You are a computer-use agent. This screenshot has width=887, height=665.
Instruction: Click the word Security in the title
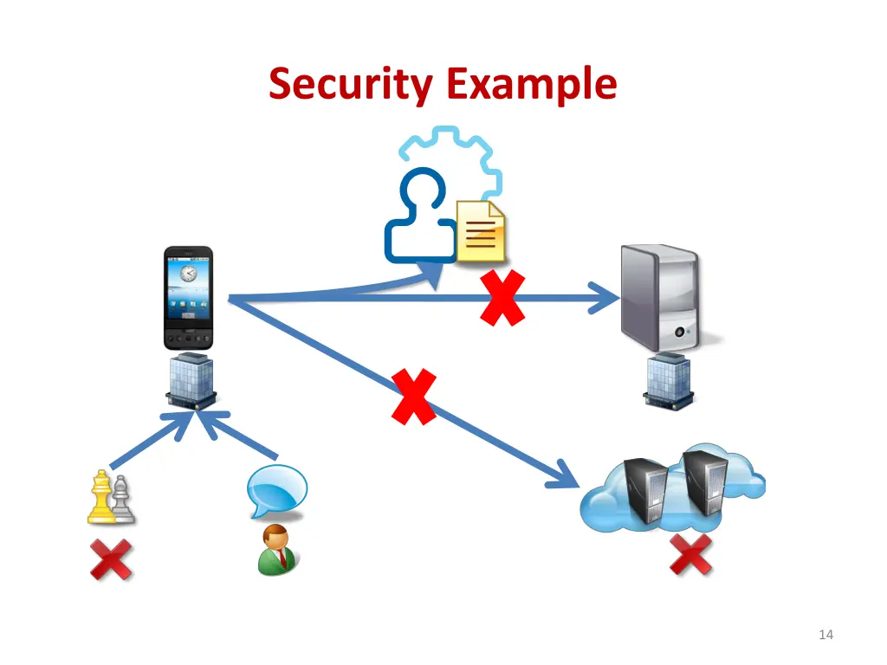pyautogui.click(x=353, y=85)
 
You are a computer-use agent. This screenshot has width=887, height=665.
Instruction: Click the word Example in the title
pyautogui.click(x=531, y=85)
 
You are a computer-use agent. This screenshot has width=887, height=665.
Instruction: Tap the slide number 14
pyautogui.click(x=825, y=636)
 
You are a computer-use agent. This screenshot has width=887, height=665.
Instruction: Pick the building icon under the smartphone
pyautogui.click(x=190, y=382)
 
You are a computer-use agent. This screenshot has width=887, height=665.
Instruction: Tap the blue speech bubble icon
pyautogui.click(x=276, y=491)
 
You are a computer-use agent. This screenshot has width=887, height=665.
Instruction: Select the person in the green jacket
pyautogui.click(x=276, y=550)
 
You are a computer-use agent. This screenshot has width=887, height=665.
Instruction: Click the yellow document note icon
pyautogui.click(x=482, y=230)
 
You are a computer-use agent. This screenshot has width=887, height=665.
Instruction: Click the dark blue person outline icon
pyautogui.click(x=420, y=216)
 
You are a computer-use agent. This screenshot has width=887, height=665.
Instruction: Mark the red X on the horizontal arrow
pyautogui.click(x=503, y=297)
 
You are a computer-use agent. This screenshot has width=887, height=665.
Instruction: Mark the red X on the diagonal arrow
pyautogui.click(x=413, y=397)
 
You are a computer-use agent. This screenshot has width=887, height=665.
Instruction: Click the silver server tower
pyautogui.click(x=659, y=297)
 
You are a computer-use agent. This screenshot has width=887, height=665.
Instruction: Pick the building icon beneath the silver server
pyautogui.click(x=667, y=380)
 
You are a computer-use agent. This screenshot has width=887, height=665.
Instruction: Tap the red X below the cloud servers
pyautogui.click(x=691, y=555)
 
